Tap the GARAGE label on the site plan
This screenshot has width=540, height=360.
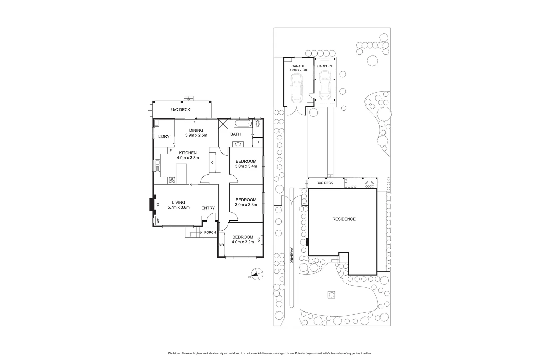pyautogui.click(x=298, y=66)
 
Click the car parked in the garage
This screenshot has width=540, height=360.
pyautogui.click(x=296, y=88)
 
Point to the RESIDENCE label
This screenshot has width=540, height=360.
pyautogui.click(x=344, y=219)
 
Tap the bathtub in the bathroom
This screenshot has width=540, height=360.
pyautogui.click(x=243, y=124)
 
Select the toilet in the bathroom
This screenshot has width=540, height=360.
pyautogui.click(x=258, y=124)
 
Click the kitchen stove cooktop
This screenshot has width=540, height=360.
pyautogui.click(x=172, y=180)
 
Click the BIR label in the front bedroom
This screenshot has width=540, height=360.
pyautogui.click(x=221, y=245)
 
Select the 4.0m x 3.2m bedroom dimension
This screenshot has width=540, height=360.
pyautogui.click(x=243, y=242)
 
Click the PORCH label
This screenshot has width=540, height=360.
pyautogui.click(x=210, y=232)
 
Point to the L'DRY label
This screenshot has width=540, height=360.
pyautogui.click(x=164, y=136)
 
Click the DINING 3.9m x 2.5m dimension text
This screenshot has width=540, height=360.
pyautogui.click(x=196, y=135)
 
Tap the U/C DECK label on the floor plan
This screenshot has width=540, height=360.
pyautogui.click(x=181, y=110)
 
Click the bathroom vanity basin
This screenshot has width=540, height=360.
pyautogui.click(x=238, y=144)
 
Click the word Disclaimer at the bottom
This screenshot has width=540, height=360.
pyautogui.click(x=174, y=353)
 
